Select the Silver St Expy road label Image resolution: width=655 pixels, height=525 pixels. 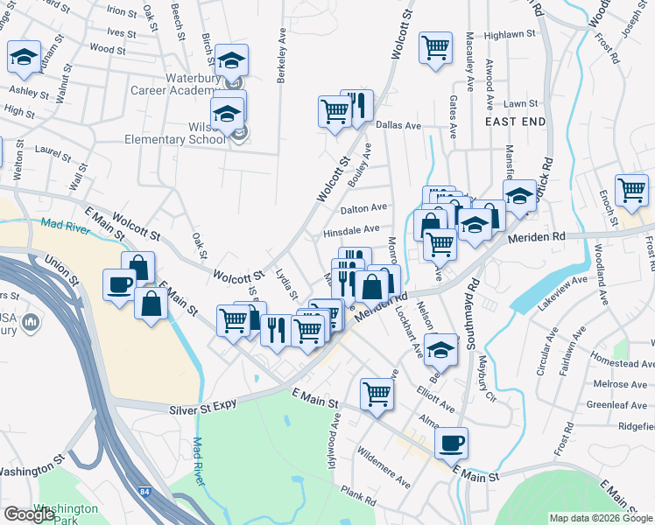[205, 408]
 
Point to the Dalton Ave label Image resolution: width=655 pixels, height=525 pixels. [363, 208]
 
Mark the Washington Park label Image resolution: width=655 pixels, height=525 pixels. [66, 514]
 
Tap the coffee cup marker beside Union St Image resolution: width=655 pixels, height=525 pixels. [119, 283]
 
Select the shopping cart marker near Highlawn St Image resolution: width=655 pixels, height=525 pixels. [435, 46]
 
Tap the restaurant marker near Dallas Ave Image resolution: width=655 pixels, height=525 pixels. [356, 105]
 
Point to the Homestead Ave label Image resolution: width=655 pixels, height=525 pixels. [622, 361]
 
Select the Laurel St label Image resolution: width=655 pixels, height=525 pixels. [53, 153]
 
